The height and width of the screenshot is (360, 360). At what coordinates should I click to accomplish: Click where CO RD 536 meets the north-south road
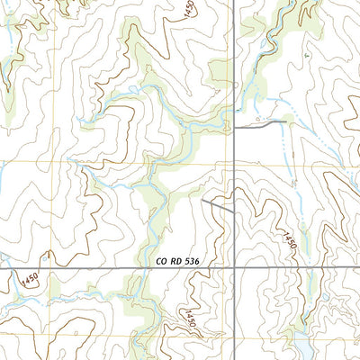234,267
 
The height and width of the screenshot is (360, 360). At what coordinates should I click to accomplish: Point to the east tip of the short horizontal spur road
286,121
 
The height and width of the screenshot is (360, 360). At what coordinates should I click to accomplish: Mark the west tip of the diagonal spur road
203,200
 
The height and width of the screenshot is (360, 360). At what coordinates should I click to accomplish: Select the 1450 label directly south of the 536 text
190,317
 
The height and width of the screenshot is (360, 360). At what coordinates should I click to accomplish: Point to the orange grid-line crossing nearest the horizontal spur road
223,163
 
